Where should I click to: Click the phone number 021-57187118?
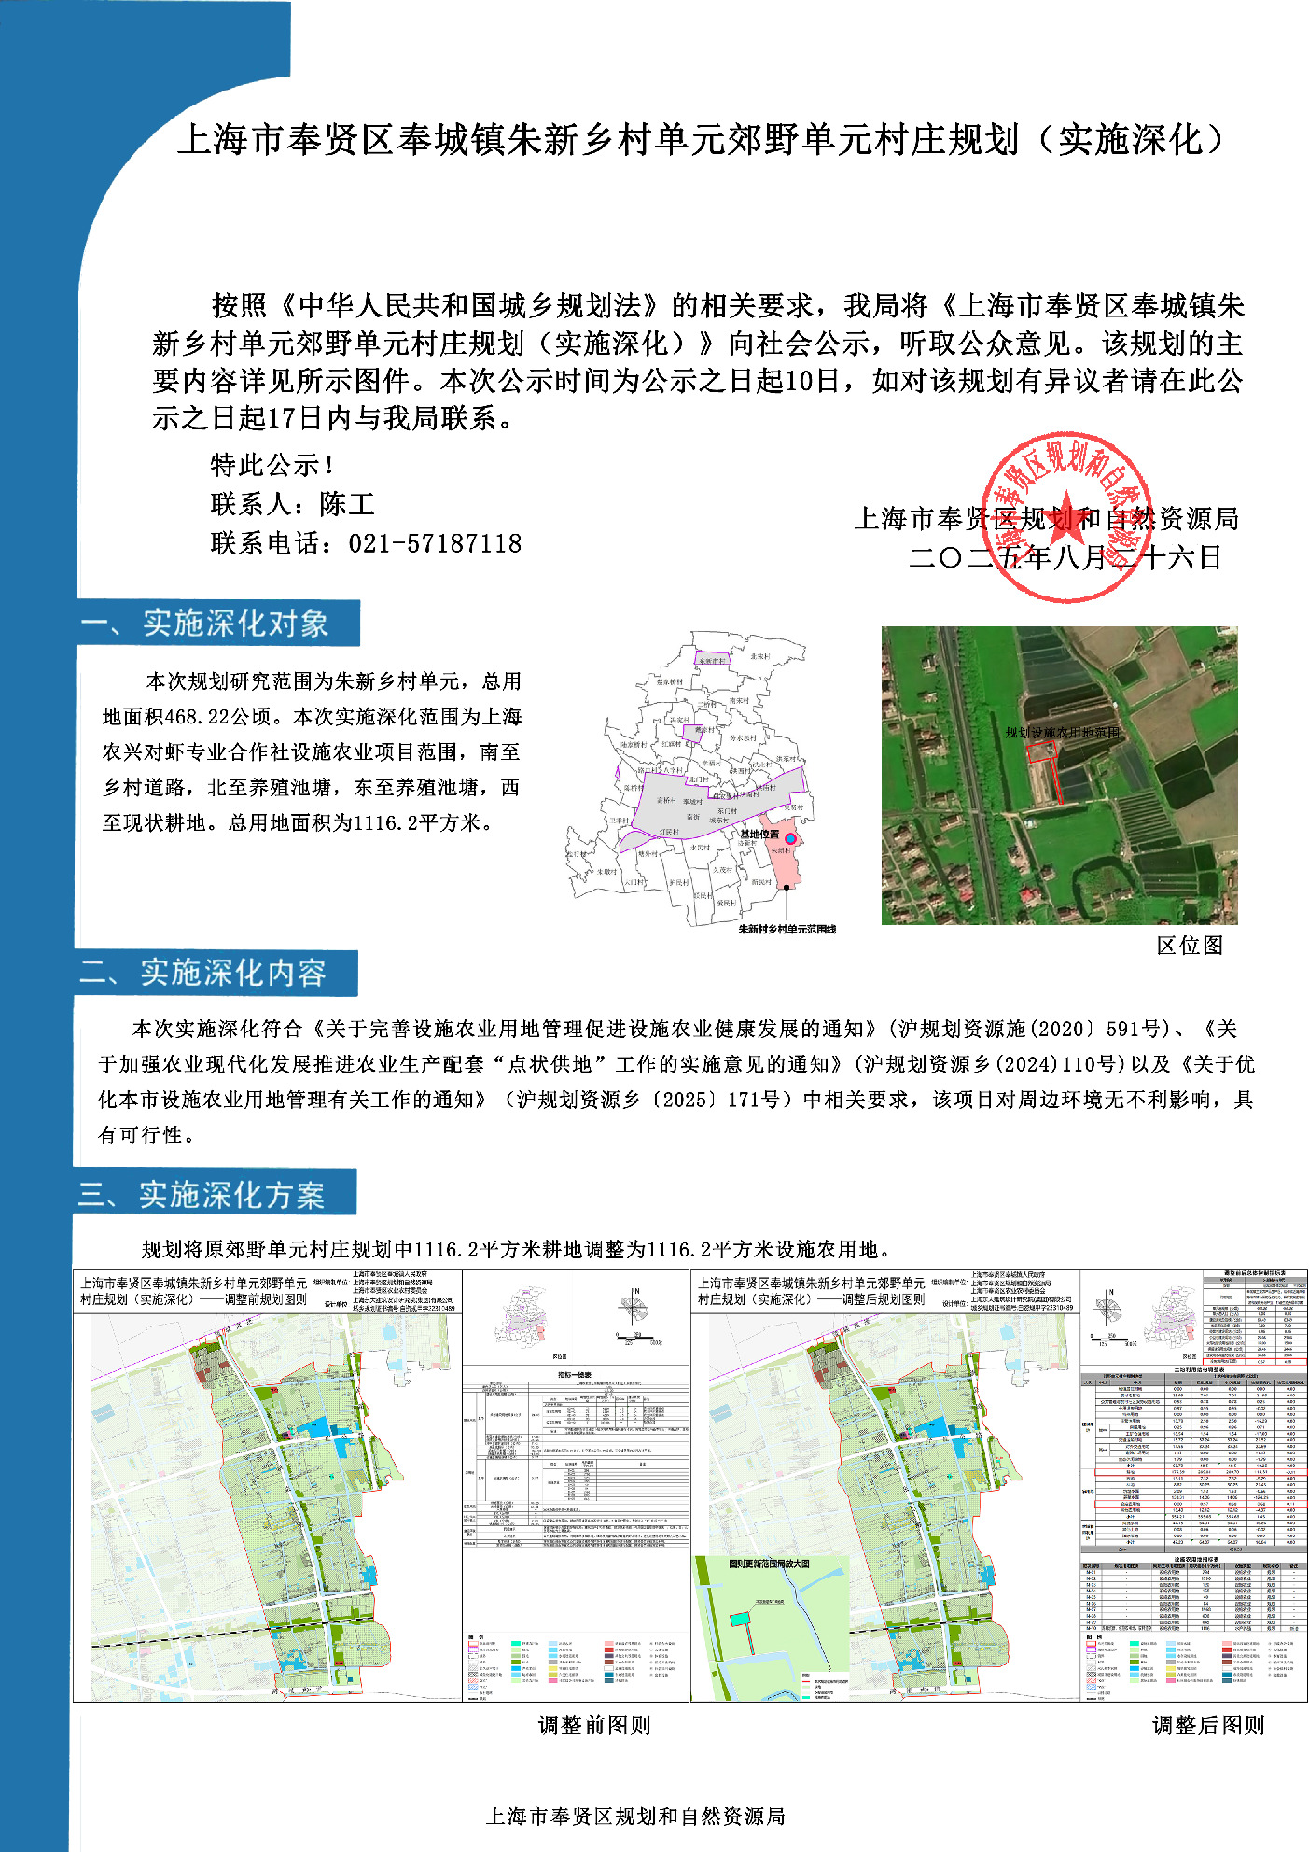pyautogui.click(x=435, y=543)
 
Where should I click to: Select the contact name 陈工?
pyautogui.click(x=347, y=504)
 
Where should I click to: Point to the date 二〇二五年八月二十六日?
pyautogui.click(x=1065, y=558)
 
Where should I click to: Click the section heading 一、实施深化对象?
pyautogui.click(x=216, y=624)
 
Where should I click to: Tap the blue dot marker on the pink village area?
pyautogui.click(x=790, y=839)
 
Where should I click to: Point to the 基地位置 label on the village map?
pyautogui.click(x=759, y=834)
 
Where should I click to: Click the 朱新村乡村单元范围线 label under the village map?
pyautogui.click(x=787, y=929)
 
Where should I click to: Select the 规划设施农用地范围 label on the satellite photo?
pyautogui.click(x=1062, y=733)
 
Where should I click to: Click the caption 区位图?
pyautogui.click(x=1189, y=946)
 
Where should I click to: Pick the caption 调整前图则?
pyautogui.click(x=594, y=1725)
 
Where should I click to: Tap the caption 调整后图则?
pyautogui.click(x=1207, y=1725)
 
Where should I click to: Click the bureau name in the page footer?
pyautogui.click(x=635, y=1816)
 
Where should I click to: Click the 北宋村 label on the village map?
pyautogui.click(x=760, y=656)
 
